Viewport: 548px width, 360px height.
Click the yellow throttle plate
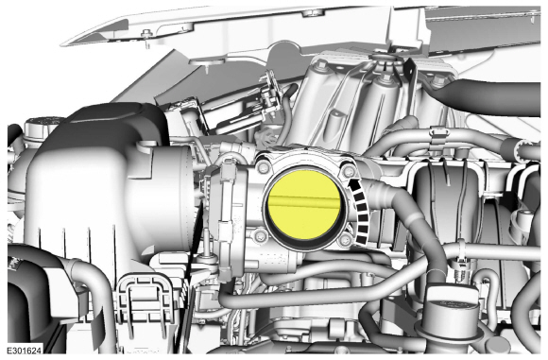[x=302, y=204]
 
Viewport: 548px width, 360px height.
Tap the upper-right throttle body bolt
[x=349, y=171]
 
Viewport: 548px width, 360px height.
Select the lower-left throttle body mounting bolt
[x=259, y=234]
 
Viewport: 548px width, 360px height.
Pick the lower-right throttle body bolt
[x=346, y=239]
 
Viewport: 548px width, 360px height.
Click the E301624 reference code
[x=25, y=350]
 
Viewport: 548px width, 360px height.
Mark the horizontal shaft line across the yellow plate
[x=303, y=200]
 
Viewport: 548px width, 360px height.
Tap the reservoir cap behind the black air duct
[x=38, y=126]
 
